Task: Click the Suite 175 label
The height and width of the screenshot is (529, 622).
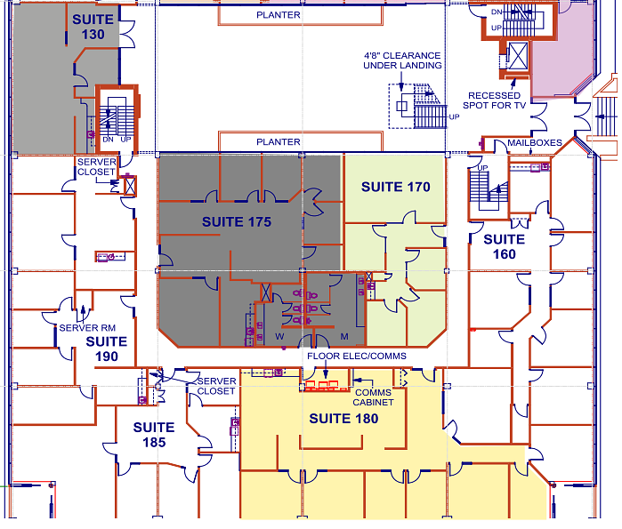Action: coord(237,222)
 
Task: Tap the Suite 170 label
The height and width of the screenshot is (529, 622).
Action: coord(395,187)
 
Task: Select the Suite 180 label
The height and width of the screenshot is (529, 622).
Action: coord(343,419)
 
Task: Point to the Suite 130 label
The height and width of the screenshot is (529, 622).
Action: coord(93,27)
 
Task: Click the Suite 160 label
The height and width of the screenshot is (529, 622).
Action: coord(505,246)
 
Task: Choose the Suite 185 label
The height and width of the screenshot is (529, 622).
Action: coord(154,435)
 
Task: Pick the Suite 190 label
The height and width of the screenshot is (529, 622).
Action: coord(107,349)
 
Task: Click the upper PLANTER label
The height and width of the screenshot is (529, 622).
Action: coord(278,15)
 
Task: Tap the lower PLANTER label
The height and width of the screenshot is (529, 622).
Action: coord(278,142)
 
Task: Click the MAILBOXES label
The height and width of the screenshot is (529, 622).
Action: coord(535,142)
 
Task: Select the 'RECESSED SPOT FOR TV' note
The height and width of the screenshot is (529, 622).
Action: coord(494,100)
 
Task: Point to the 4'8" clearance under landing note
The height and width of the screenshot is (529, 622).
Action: coord(402,60)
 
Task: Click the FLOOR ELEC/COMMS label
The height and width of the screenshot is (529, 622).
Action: coord(357,357)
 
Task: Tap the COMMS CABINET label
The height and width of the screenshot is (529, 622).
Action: coord(373,397)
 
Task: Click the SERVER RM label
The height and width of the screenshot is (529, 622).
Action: coord(87,328)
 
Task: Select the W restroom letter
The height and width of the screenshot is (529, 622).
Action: coord(279,337)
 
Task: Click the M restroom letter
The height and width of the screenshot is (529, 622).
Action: coord(344,337)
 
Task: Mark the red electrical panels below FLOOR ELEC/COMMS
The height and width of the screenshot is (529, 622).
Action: coord(322,385)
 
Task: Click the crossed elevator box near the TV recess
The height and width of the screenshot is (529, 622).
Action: coord(518,56)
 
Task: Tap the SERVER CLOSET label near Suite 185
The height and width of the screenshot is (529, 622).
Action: coord(216,387)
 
